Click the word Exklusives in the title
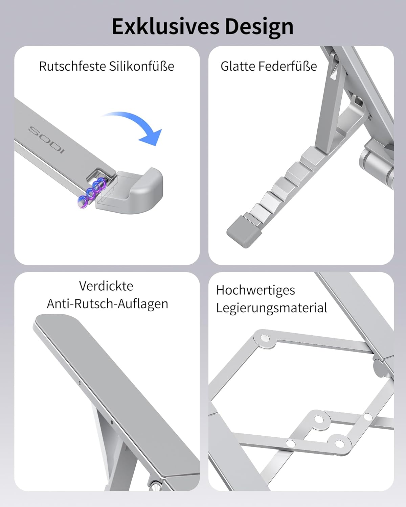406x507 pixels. (165, 26)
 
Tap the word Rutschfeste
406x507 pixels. (72, 66)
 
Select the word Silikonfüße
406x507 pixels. (141, 66)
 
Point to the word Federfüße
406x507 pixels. (288, 66)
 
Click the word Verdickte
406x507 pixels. (106, 286)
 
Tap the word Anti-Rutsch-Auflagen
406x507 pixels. (108, 304)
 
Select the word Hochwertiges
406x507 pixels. (255, 290)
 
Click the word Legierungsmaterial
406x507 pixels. (272, 308)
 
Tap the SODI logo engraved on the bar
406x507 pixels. (46, 140)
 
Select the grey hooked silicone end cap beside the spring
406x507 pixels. (132, 191)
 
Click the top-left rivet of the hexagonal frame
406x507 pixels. (265, 339)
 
